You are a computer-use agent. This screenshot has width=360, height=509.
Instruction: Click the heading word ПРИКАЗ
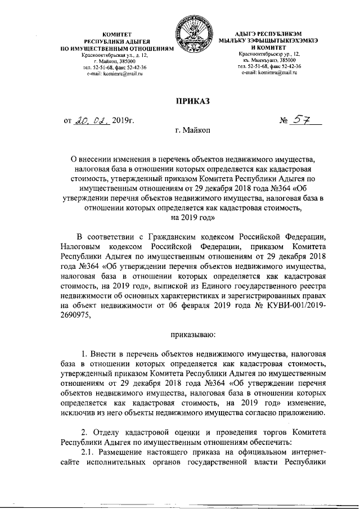coord(192,101)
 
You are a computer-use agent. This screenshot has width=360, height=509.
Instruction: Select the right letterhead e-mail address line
coord(269,73)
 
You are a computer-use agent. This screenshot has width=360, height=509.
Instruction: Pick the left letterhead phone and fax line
coord(113,67)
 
